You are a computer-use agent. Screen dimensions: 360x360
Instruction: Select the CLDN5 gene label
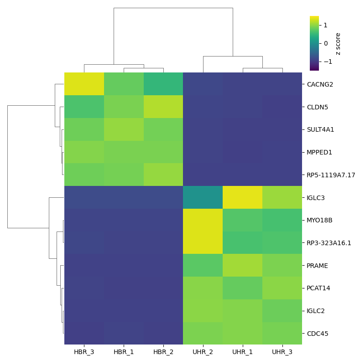point(318,107)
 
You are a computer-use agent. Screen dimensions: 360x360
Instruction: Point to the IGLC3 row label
point(317,198)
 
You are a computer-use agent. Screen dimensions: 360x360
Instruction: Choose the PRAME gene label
point(318,266)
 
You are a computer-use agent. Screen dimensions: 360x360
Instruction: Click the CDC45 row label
point(318,334)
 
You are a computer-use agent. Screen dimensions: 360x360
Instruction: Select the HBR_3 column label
point(84,352)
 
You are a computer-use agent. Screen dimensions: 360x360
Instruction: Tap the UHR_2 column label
point(203,352)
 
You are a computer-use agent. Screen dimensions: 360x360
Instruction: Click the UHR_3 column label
point(282,352)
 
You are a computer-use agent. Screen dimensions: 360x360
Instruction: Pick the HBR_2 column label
point(163,352)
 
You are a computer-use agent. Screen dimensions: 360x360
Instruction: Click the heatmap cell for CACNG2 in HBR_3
point(84,84)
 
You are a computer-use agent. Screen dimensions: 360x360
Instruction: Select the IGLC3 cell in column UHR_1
point(242,197)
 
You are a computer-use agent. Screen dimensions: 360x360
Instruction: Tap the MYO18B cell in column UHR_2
point(203,220)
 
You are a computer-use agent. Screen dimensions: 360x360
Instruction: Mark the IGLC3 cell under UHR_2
point(203,197)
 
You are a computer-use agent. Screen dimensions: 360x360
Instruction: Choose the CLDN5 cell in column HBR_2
point(163,107)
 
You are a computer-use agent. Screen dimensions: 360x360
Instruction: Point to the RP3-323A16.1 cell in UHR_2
point(203,242)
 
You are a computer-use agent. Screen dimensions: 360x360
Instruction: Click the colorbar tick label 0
point(326,43)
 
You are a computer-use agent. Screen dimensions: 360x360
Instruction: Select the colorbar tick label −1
point(324,62)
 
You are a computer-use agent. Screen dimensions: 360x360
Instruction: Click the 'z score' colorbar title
point(338,44)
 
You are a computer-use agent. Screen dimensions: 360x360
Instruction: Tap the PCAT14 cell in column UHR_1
point(242,288)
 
